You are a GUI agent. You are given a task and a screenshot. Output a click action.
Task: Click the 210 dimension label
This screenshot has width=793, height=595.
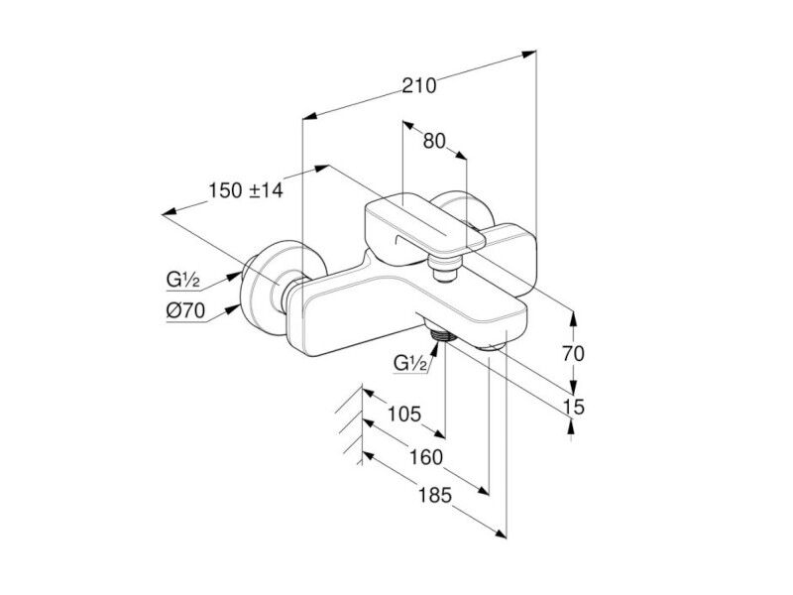(418, 86)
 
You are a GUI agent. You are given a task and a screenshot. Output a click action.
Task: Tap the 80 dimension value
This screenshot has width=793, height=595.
(434, 141)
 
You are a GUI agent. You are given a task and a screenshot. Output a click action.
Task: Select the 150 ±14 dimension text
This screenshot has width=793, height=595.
(246, 190)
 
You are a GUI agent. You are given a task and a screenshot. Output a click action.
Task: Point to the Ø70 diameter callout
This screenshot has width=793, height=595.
(185, 310)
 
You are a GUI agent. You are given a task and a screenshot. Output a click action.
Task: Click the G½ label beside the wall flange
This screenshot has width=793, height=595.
(182, 280)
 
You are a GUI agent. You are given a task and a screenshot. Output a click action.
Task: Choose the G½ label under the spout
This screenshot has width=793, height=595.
(410, 363)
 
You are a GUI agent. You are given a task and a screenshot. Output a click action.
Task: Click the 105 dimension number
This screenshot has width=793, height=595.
(404, 414)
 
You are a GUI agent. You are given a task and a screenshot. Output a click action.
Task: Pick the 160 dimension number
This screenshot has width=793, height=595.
(426, 457)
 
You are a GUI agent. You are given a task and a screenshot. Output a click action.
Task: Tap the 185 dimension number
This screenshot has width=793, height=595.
(435, 495)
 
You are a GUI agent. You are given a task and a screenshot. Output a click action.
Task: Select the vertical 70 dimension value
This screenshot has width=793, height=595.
(573, 354)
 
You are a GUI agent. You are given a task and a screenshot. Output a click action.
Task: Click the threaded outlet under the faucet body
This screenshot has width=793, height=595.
(443, 334)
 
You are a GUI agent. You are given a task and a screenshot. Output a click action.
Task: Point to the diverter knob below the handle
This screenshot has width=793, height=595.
(444, 269)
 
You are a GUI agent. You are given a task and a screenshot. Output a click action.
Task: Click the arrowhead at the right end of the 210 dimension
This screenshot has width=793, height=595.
(529, 54)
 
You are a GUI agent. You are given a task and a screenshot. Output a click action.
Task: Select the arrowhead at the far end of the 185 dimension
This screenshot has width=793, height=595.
(501, 534)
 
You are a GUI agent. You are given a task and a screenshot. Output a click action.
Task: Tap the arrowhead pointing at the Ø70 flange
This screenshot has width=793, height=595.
(233, 308)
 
